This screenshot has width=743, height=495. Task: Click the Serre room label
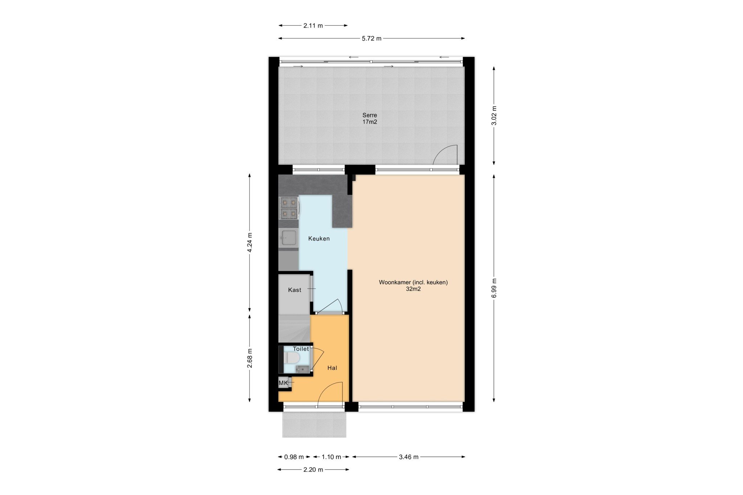tap(370, 115)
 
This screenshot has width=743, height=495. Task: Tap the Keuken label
tap(319, 239)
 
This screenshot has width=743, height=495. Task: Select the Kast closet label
tap(295, 290)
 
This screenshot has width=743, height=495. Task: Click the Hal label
tap(332, 368)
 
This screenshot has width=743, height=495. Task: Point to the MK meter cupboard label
tap(283, 383)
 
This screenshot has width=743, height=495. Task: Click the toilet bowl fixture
tap(292, 358)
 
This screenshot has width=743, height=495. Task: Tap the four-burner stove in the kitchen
tap(289, 208)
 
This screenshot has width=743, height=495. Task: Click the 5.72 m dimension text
tap(371, 38)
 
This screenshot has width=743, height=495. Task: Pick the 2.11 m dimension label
tap(313, 26)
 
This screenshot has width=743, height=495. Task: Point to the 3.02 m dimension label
tap(494, 116)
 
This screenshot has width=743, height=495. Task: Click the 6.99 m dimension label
tap(494, 288)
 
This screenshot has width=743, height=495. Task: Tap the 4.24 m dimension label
tap(250, 243)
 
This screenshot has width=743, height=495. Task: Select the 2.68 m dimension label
tap(250, 358)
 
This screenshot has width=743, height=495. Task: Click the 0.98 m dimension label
tap(294, 457)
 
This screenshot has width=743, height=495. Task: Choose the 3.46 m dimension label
tap(409, 457)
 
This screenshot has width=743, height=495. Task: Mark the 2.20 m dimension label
tap(313, 470)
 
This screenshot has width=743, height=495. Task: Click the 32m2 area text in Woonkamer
tap(413, 289)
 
